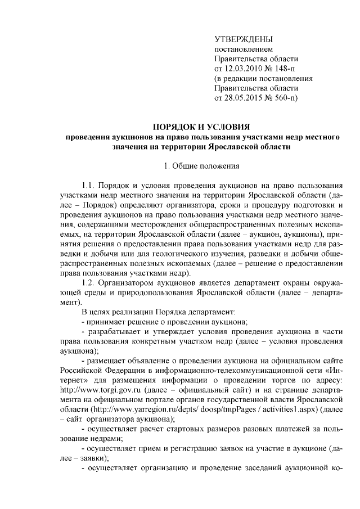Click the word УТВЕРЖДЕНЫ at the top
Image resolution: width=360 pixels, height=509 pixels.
[x=244, y=39]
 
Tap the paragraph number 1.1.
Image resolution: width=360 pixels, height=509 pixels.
[x=88, y=185]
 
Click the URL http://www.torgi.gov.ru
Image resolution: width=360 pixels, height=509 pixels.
[x=94, y=390]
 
